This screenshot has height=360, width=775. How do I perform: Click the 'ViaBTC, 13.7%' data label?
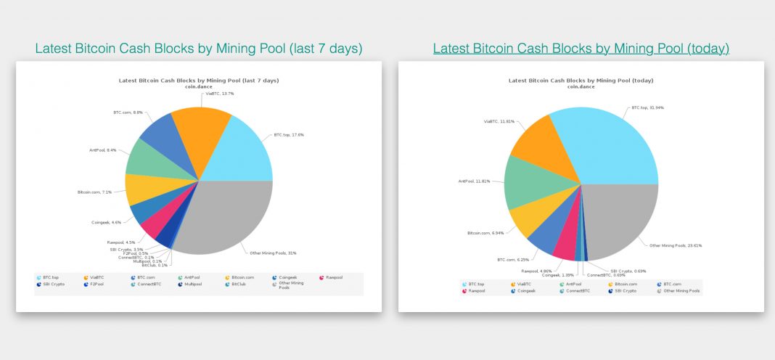point(218,94)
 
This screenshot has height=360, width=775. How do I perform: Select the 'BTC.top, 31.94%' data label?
point(647,107)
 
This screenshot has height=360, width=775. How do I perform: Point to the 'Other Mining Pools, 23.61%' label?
point(676,246)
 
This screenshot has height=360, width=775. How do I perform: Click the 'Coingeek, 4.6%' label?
point(106,222)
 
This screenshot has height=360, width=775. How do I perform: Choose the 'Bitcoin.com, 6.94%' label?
point(486,233)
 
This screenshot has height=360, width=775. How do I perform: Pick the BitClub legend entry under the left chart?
point(238,284)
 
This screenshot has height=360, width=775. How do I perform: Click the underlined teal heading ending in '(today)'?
point(581,49)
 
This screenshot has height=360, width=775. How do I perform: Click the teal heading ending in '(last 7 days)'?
point(198,49)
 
